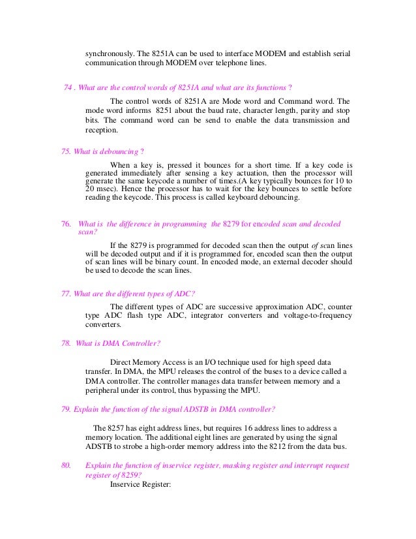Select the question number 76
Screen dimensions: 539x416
tap(65, 224)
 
